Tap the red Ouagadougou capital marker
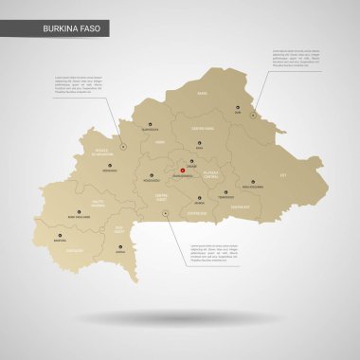(182, 171)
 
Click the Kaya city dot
(200, 143)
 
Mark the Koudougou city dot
(151, 176)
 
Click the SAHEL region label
(202, 94)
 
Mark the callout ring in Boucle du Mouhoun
(123, 145)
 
